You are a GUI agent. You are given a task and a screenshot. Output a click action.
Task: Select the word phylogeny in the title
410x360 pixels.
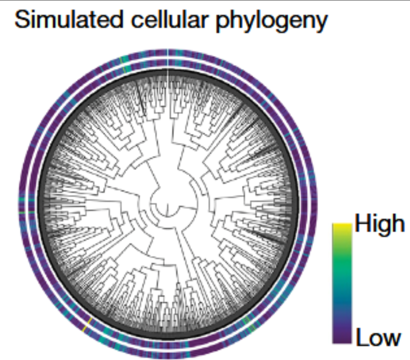(271, 23)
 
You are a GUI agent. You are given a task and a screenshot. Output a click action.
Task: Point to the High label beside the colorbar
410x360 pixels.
(379, 223)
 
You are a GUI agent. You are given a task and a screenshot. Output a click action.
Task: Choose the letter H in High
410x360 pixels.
(361, 223)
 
